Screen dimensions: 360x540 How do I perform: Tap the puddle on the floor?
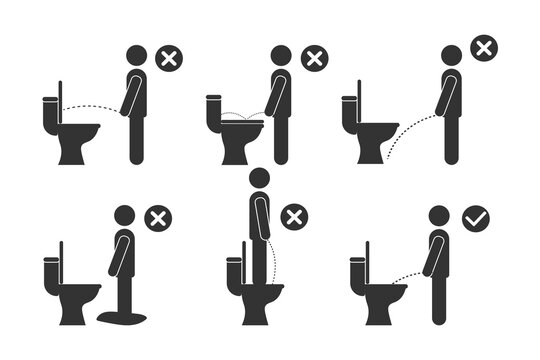121,315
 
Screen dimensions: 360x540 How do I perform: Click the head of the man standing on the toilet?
260,178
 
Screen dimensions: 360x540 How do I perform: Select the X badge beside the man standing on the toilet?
294,218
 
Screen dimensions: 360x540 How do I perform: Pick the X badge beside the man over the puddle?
157,218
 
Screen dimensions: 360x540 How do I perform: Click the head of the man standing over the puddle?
125,216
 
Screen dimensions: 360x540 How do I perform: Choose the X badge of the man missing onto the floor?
484,47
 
